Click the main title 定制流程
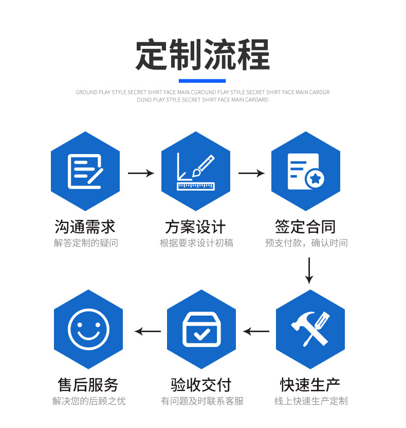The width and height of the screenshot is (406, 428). pyautogui.click(x=202, y=54)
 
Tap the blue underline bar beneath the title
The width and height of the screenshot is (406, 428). pyautogui.click(x=202, y=81)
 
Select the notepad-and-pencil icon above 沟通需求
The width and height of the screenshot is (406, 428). pyautogui.click(x=85, y=172)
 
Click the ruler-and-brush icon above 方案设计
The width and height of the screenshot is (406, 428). pyautogui.click(x=195, y=172)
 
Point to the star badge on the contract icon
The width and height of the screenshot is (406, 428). pyautogui.click(x=316, y=179)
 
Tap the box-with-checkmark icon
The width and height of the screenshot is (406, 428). pyautogui.click(x=201, y=329)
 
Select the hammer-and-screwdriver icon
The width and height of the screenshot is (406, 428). pyautogui.click(x=310, y=329)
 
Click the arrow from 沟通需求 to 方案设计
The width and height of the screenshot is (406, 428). pyautogui.click(x=141, y=173)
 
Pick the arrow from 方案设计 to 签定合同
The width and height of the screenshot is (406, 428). pyautogui.click(x=251, y=173)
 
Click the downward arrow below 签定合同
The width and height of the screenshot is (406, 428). pyautogui.click(x=309, y=270)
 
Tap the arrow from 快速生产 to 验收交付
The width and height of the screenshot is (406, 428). pyautogui.click(x=256, y=331)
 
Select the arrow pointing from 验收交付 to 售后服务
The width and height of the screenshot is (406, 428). pyautogui.click(x=147, y=331)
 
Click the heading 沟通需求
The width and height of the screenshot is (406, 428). pyautogui.click(x=85, y=227)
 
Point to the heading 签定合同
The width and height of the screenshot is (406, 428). pyautogui.click(x=305, y=227)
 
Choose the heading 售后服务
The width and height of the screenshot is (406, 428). pyautogui.click(x=88, y=385)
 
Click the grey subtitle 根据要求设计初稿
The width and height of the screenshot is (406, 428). pyautogui.click(x=196, y=243)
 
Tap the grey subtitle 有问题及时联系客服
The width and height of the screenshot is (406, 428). pyautogui.click(x=202, y=401)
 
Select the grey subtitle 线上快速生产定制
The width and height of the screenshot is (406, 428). pyautogui.click(x=311, y=401)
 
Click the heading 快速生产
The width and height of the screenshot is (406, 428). pyautogui.click(x=310, y=385)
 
